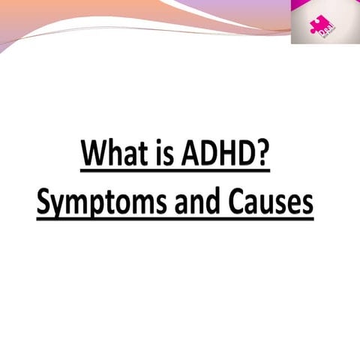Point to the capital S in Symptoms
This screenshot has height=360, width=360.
click(x=46, y=201)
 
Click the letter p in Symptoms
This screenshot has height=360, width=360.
click(x=100, y=205)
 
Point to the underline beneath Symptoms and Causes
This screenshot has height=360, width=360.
click(x=174, y=219)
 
